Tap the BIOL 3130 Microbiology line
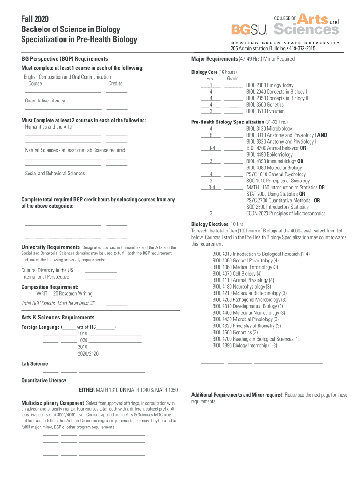pyautogui.click(x=269, y=128)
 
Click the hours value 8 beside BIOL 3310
pyautogui.click(x=211, y=135)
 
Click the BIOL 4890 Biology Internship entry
pyautogui.click(x=245, y=345)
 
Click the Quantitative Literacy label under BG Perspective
pyautogui.click(x=45, y=101)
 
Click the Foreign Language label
pyautogui.click(x=41, y=327)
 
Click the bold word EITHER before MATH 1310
pyautogui.click(x=87, y=390)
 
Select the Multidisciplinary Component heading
pyautogui.click(x=53, y=403)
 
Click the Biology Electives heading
pyautogui.click(x=209, y=224)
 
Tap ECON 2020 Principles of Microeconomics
pyautogui.click(x=286, y=213)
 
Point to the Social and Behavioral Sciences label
pyautogui.click(x=55, y=173)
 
